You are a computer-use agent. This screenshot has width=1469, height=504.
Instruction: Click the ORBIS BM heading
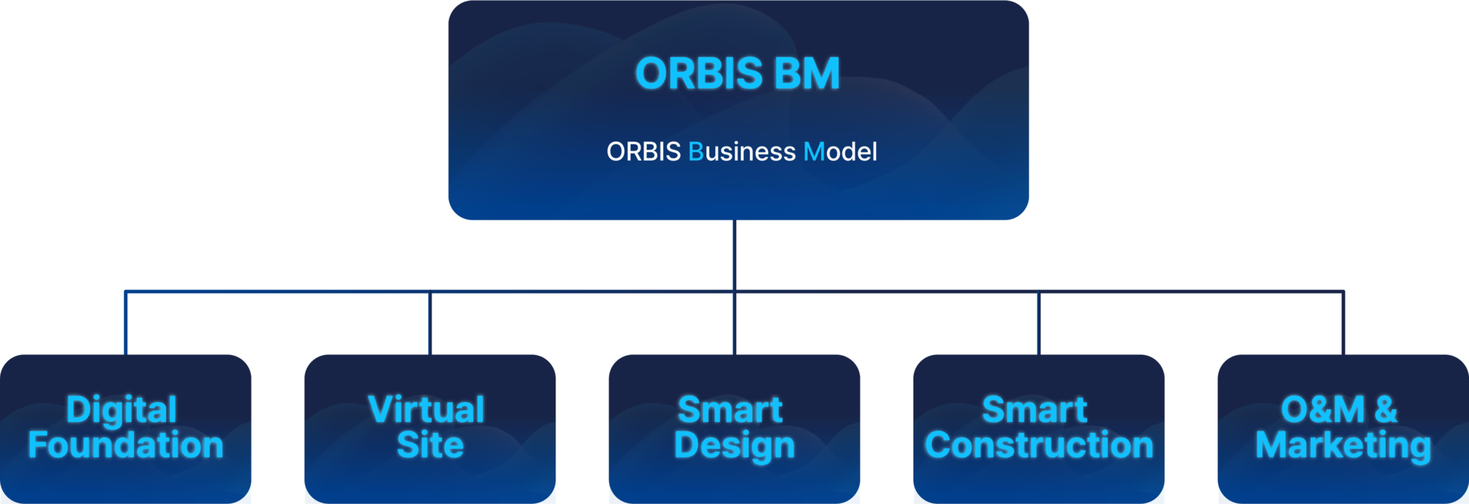point(738,73)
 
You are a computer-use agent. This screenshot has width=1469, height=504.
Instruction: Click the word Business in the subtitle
point(742,152)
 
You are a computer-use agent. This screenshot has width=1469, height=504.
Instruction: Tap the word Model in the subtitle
point(840,152)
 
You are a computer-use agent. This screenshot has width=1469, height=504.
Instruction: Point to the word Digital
point(122,410)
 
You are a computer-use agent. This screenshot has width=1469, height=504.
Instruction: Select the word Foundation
point(125,445)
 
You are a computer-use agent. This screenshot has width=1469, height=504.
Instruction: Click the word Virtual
point(426,410)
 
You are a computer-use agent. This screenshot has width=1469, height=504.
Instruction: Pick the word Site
point(430,445)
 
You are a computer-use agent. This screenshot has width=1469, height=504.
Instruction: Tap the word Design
point(734,446)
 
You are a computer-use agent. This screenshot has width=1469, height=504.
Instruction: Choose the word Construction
point(1039,445)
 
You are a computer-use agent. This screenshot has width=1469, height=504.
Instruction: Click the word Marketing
point(1343,446)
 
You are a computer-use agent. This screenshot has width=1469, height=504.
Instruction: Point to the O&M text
point(1323,410)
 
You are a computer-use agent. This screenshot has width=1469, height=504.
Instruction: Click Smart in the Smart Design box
point(730,410)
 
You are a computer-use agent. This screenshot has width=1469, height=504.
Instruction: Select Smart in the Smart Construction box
point(1034,410)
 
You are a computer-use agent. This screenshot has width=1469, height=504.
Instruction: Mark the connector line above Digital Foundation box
point(125,322)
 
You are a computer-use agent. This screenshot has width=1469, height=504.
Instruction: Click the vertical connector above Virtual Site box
point(430,322)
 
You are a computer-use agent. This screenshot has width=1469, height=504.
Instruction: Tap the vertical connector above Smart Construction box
point(1038,322)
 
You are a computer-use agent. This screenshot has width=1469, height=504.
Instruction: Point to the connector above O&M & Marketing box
point(1344,322)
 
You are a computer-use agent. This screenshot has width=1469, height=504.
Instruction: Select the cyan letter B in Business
point(695,152)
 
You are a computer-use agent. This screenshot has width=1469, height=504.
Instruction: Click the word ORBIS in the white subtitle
point(643,152)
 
